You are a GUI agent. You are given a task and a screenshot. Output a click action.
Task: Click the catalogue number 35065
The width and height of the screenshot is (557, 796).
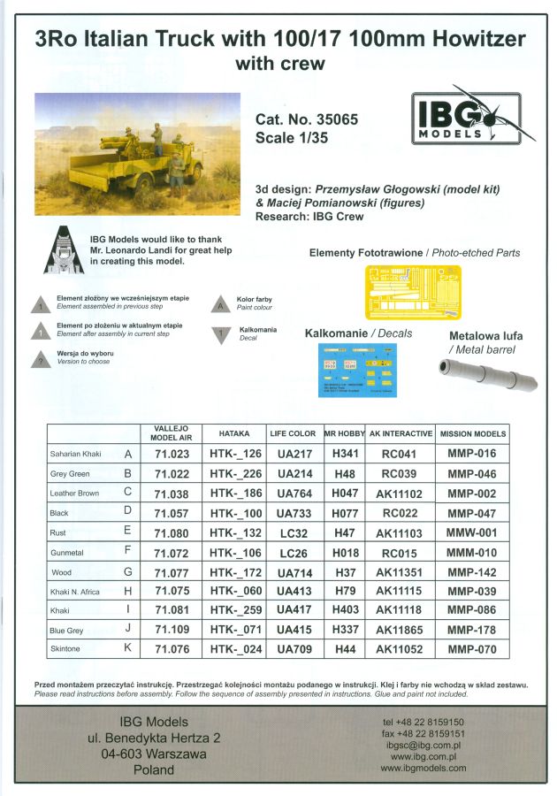[331, 119]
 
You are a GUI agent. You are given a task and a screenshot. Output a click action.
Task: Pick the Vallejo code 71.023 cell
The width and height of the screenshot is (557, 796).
[172, 454]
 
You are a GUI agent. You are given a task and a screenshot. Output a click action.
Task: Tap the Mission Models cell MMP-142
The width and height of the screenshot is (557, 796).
[471, 572]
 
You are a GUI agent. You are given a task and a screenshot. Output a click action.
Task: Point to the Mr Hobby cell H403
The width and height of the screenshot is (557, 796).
[346, 611]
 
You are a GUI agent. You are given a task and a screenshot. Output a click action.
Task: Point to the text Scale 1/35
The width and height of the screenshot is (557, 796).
[293, 137]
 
